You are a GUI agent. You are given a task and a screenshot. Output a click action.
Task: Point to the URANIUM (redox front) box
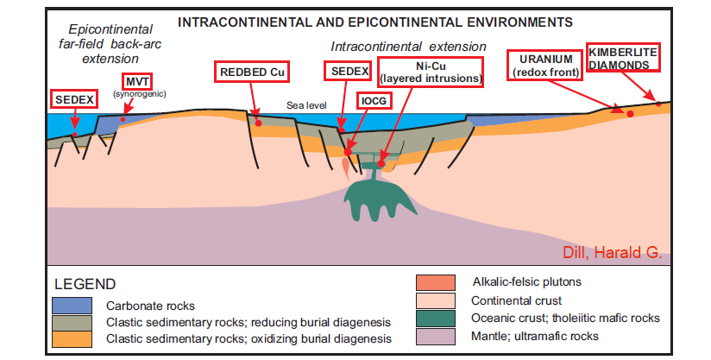545,65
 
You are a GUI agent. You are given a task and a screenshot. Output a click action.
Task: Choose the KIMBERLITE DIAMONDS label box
623,58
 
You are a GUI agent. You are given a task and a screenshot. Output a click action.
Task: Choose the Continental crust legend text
520,301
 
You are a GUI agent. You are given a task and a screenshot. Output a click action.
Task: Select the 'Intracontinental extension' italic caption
409,45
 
